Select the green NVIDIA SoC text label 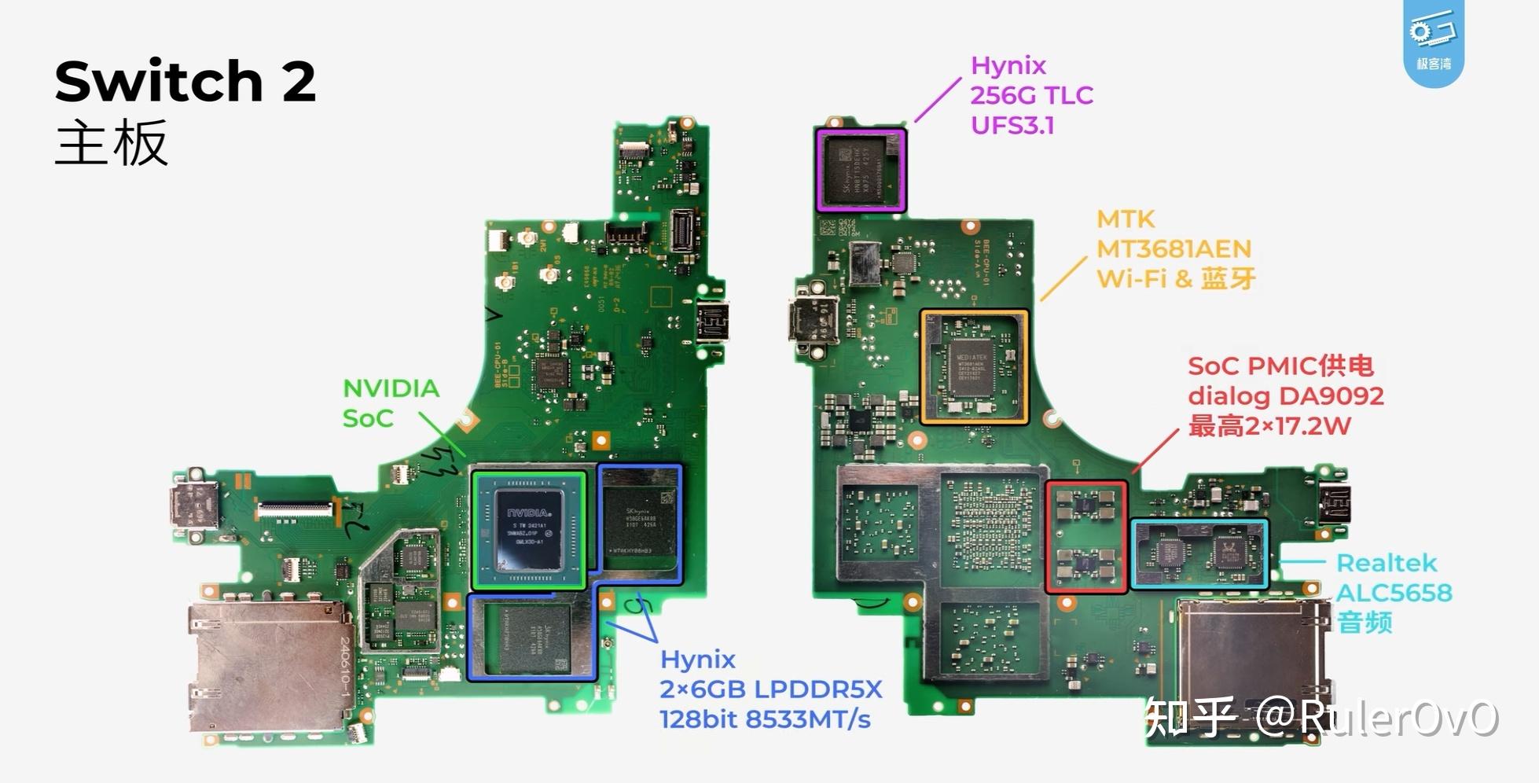pos(391,403)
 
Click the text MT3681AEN pos(1174,249)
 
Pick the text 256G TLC pos(1031,95)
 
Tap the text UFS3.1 pos(1012,126)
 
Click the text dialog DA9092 pos(1285,395)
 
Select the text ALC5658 pos(1394,593)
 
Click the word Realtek pos(1387,563)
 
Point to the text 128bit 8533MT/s pos(765,719)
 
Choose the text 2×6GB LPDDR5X pos(770,689)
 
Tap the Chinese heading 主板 pos(111,143)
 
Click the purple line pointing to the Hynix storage pos(937,100)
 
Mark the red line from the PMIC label pos(1155,450)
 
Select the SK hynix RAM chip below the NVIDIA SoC pos(531,638)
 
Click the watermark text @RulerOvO pos(1376,717)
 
